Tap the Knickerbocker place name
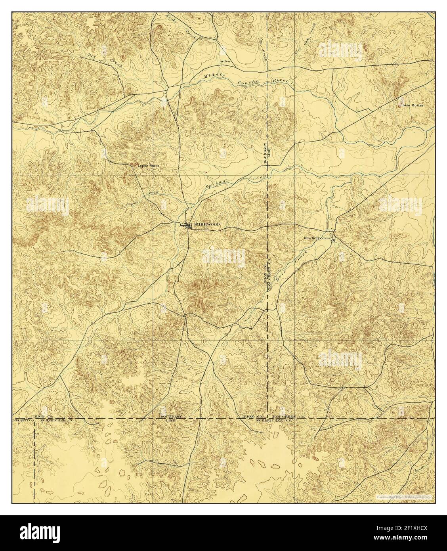(316, 238)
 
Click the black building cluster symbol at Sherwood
(186, 226)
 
